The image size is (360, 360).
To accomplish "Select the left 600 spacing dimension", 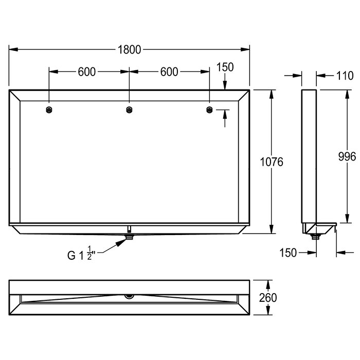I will (87, 72).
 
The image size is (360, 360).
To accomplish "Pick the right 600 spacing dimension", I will (169, 72).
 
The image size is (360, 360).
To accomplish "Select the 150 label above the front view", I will (225, 67).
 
